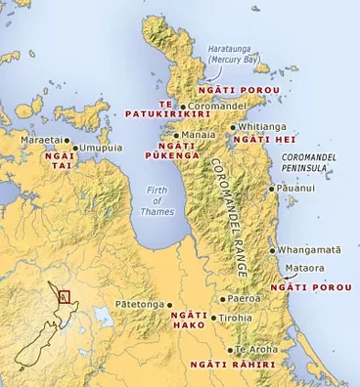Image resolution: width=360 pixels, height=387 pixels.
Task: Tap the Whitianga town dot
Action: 232,127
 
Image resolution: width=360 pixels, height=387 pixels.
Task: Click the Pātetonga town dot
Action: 170,305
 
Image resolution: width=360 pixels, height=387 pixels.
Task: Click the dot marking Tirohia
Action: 216,318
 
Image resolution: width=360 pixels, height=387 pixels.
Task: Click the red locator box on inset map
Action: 65,297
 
